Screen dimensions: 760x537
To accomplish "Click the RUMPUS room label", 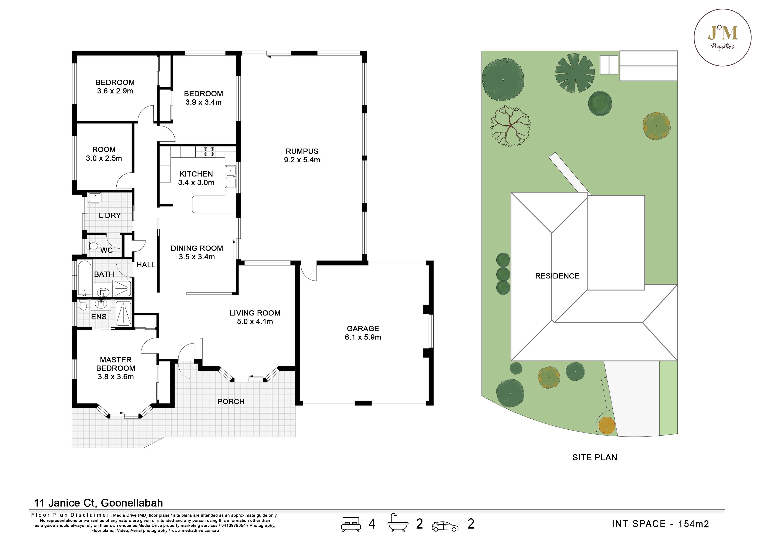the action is click(x=302, y=151).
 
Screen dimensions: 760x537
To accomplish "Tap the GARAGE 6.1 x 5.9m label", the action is click(x=363, y=333).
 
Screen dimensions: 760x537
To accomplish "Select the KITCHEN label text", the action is click(x=196, y=174).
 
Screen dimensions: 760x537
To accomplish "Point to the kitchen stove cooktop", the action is click(x=209, y=152).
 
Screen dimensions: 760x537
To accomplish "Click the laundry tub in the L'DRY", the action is click(x=94, y=198).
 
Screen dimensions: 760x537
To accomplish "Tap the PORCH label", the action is click(x=231, y=402).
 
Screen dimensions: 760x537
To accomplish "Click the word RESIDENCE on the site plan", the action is click(x=557, y=276).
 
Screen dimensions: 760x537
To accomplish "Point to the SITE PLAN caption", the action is click(x=594, y=457).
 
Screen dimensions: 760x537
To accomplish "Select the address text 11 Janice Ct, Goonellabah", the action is click(x=99, y=503).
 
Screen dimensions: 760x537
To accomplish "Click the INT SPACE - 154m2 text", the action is click(x=660, y=524).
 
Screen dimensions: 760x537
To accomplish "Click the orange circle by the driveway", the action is click(x=607, y=425).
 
